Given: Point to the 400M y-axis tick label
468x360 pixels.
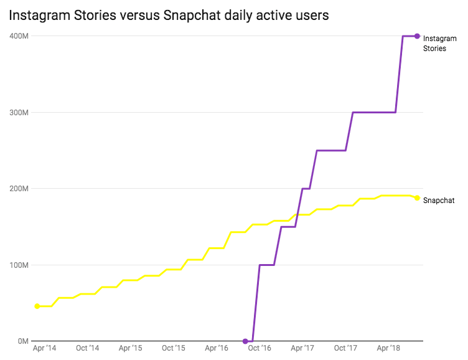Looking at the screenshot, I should point(18,36).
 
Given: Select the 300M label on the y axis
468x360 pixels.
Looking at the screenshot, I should point(18,113).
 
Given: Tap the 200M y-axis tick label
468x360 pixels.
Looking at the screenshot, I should point(18,189).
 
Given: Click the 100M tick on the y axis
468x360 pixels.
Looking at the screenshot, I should point(18,265).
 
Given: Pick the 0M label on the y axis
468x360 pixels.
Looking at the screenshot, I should point(22,341).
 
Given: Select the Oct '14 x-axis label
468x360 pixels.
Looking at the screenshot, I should point(87,348).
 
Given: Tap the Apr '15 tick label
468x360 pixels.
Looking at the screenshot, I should point(129,348).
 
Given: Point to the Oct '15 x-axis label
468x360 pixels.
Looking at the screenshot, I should point(173,348).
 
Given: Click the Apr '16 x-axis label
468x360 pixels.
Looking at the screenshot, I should point(215,348).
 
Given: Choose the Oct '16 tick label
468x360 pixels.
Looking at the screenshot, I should point(259,348).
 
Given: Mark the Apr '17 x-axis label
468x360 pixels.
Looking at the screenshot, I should point(301,348).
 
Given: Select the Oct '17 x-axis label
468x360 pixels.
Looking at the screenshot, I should point(345,348).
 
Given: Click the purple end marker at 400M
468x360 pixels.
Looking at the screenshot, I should point(417,36).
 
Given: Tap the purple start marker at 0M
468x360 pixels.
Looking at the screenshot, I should point(245,341).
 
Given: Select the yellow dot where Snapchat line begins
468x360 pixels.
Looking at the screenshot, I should point(37,306).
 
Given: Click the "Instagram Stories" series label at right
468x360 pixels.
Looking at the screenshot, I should point(439,44).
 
